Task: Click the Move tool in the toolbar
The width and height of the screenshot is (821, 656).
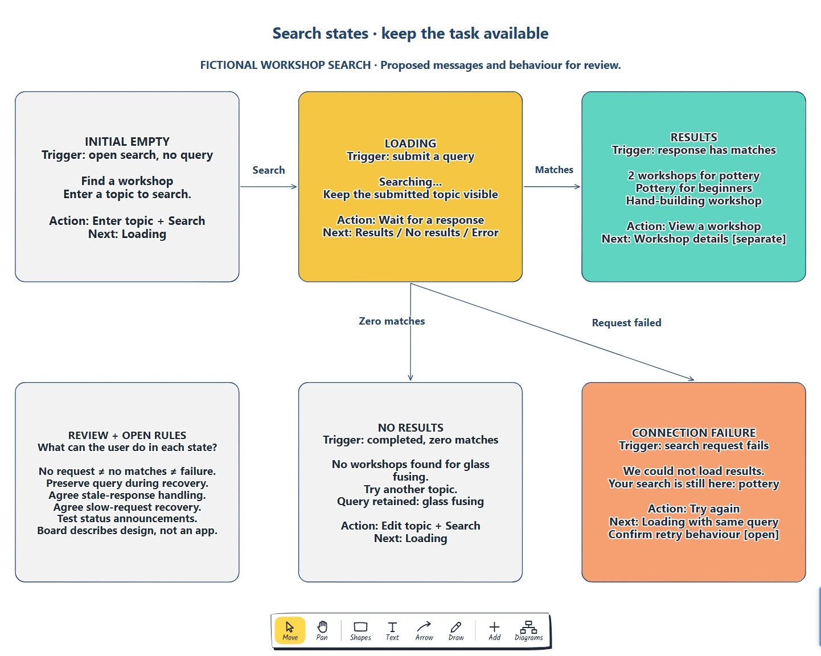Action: coord(290,630)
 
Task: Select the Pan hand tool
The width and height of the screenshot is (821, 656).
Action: coord(322,630)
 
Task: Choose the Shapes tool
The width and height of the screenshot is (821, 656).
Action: coord(360,630)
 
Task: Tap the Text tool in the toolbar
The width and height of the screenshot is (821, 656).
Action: coord(392,630)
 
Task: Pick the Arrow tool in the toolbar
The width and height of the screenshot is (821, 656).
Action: coord(424,630)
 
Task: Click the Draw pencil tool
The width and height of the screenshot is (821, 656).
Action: coord(456,630)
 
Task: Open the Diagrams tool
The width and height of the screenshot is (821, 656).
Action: coord(528,630)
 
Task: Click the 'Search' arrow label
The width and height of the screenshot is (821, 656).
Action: coord(269,170)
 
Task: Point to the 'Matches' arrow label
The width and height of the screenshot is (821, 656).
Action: coord(554,170)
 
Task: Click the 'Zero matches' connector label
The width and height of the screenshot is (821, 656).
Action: coord(392,321)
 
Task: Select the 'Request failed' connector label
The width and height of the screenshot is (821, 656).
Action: coord(626,322)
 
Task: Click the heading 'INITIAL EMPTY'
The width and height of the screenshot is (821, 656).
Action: coord(127,142)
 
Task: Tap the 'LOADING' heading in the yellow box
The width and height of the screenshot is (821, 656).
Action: coord(410,143)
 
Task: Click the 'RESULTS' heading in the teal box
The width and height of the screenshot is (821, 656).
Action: coord(693,137)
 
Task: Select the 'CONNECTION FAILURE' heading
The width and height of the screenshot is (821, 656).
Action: coord(693,433)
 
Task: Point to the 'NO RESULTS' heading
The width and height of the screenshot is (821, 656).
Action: coord(410,428)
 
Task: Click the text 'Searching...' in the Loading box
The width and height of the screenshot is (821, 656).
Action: coord(410,182)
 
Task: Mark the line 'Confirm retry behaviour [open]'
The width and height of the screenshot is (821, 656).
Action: coord(693,534)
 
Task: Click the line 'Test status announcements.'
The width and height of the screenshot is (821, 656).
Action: coord(127,518)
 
